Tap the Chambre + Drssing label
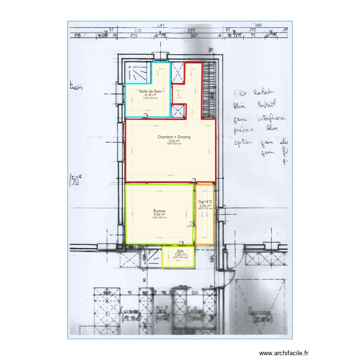(174, 137)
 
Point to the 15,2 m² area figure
(174, 141)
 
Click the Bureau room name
(159, 211)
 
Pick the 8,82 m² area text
(159, 215)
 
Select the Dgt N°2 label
(205, 202)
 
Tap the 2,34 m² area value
(205, 206)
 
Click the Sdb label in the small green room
(180, 251)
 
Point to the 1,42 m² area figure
(180, 255)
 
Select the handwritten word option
(244, 143)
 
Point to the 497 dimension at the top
(161, 25)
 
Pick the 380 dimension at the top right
(258, 25)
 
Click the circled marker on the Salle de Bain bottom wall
(146, 116)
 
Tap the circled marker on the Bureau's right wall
(192, 223)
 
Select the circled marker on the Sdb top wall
(181, 243)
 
